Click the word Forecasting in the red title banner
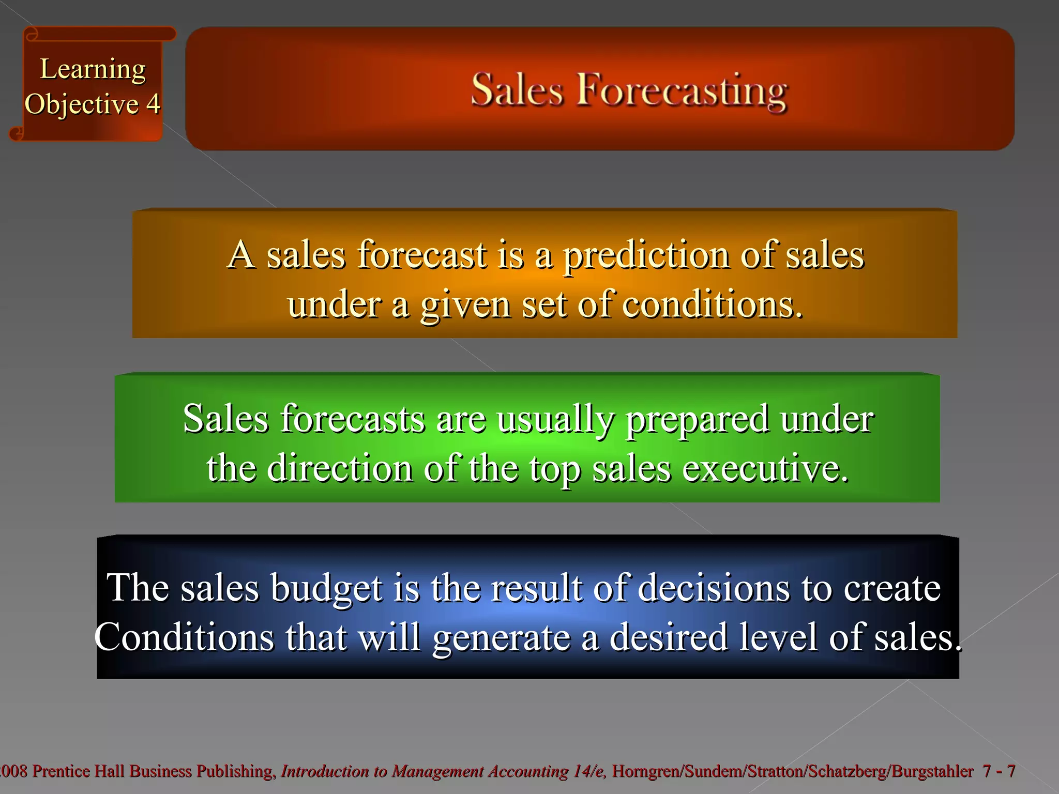point(682,90)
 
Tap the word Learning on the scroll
point(93,69)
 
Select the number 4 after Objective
point(153,104)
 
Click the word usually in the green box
point(556,419)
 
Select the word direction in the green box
point(340,468)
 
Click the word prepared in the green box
point(697,419)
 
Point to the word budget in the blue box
point(327,588)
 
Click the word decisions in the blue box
point(714,588)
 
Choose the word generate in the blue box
point(501,638)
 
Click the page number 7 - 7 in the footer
point(999,771)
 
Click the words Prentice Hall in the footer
point(78,771)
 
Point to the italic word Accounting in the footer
point(528,771)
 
